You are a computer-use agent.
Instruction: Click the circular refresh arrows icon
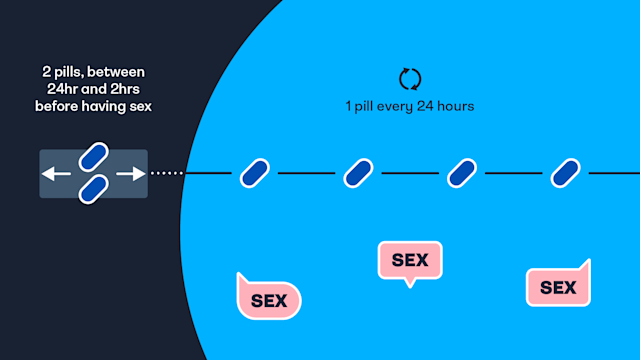click(411, 78)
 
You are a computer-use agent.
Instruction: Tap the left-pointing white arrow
click(55, 174)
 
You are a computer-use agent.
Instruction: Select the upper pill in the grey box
click(93, 157)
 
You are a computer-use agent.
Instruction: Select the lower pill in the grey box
click(93, 188)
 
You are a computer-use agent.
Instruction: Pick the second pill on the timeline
click(358, 174)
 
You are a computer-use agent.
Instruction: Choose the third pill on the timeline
click(461, 174)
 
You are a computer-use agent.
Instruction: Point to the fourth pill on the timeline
click(566, 174)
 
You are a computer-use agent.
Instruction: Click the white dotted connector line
click(167, 174)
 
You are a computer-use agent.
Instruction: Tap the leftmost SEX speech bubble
click(267, 298)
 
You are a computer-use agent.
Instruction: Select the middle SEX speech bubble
click(409, 260)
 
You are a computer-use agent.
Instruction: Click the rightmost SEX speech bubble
click(558, 287)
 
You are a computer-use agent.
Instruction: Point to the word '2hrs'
click(128, 89)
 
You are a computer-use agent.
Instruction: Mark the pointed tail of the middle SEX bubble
click(408, 284)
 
